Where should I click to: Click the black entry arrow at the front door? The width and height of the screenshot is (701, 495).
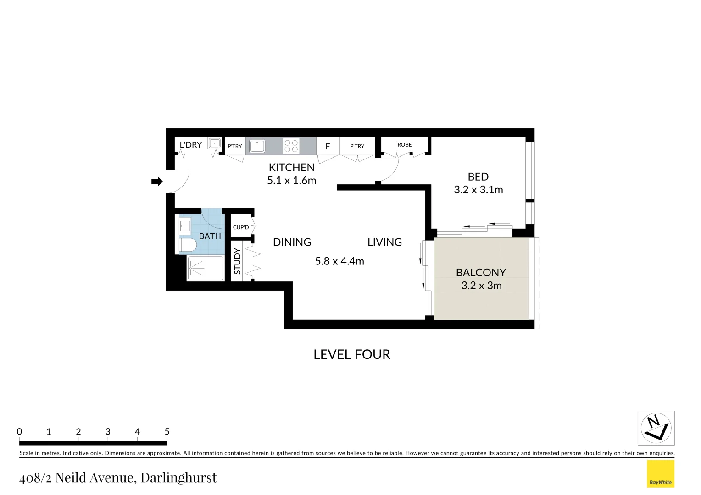pos(157,181)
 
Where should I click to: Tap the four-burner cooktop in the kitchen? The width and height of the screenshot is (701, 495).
pos(291,146)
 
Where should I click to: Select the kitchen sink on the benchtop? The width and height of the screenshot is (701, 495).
pos(257,146)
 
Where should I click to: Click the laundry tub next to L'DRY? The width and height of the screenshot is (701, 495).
pos(214,143)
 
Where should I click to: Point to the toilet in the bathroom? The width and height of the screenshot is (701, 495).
pos(187,245)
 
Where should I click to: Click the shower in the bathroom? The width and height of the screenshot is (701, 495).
pos(205,268)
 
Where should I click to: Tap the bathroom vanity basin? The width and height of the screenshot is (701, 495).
pos(185,225)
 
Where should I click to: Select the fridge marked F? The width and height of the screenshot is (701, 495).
pos(328,147)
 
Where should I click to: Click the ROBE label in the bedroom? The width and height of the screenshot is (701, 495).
pos(404,145)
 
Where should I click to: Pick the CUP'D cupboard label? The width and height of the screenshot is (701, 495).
pos(241,227)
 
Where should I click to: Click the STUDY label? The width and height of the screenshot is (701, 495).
pos(237,261)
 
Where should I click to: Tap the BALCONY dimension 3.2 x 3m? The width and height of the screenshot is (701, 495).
pos(481,286)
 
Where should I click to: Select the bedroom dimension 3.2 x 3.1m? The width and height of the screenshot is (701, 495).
pos(478,190)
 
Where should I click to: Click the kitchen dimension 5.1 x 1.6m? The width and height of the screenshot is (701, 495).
pos(291,181)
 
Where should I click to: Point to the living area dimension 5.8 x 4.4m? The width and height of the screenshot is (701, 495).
pos(339,261)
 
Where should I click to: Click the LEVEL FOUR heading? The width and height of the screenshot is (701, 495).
pos(351,354)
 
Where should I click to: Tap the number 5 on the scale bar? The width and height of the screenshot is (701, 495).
pos(167,432)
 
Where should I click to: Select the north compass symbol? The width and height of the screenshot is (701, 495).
pos(656,428)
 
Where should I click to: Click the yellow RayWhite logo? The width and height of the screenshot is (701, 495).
pos(660,474)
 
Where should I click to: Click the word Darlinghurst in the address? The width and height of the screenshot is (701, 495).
pos(178,478)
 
